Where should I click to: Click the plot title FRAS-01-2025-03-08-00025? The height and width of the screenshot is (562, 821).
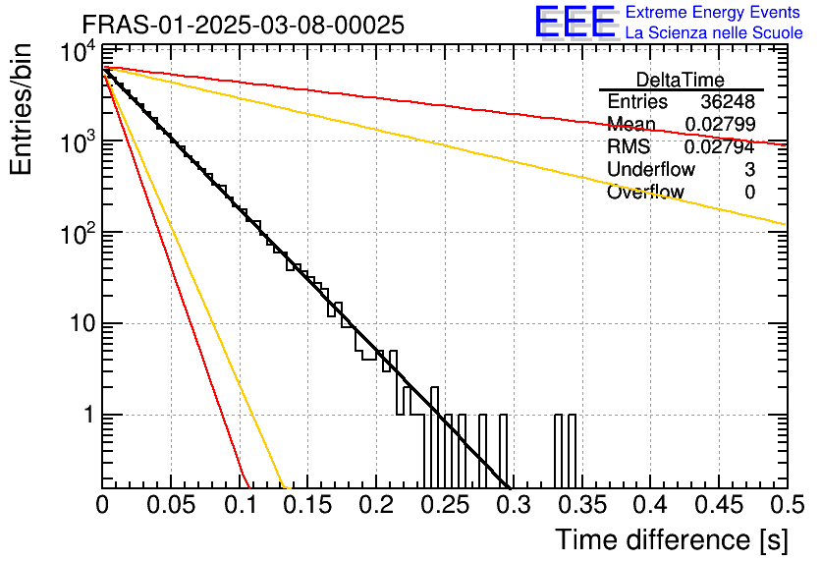coord(244,25)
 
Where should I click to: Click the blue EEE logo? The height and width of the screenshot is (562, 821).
coord(575,22)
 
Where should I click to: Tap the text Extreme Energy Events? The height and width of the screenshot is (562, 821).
coord(713,12)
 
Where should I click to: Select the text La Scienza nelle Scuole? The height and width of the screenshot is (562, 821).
coord(714,32)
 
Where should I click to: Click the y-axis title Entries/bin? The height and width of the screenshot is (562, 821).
coord(21,109)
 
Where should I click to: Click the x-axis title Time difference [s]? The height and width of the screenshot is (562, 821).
coord(672,539)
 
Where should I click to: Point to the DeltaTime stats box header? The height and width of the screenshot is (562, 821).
coord(681,80)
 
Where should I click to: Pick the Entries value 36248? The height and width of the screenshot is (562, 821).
coord(728,101)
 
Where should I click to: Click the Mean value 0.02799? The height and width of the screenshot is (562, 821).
coord(720,124)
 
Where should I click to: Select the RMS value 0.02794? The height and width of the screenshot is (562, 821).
coord(720,146)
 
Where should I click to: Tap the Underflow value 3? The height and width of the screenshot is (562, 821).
coord(749,169)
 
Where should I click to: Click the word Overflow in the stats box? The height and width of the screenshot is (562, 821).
coord(645,192)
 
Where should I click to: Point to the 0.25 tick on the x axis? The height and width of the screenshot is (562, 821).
coord(445,505)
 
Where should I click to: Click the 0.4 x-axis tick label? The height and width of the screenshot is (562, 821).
coord(651,505)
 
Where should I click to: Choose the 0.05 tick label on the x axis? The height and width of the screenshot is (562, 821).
coord(171,505)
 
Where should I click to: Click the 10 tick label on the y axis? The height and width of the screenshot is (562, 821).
coord(82,323)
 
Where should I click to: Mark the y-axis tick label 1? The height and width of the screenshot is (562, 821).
coord(89,415)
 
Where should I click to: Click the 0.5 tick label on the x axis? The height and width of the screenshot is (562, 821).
coord(788,505)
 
